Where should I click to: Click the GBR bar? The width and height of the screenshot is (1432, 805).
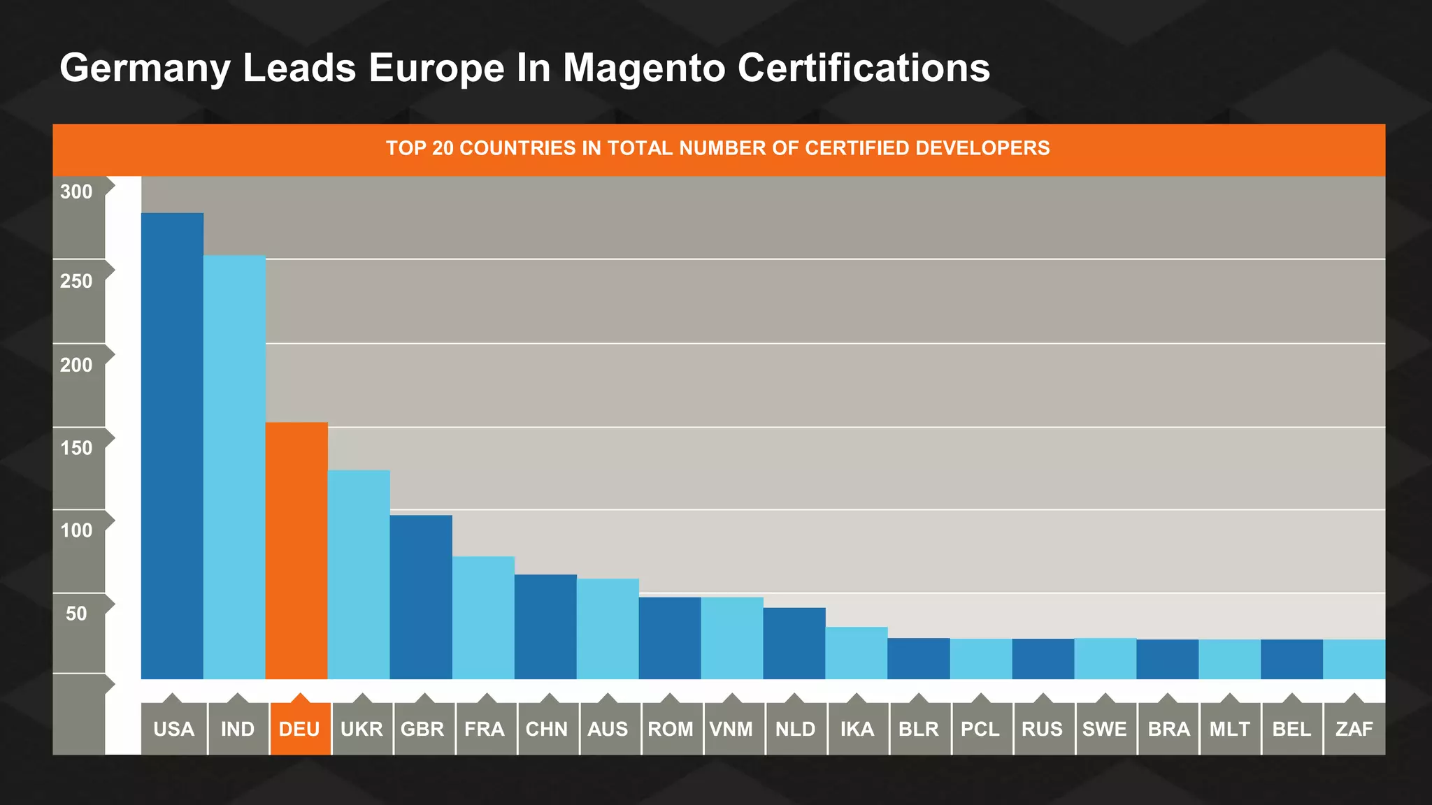(x=421, y=597)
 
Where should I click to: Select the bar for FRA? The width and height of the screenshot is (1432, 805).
(x=483, y=618)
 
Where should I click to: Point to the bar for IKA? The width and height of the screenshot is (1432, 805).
(x=857, y=653)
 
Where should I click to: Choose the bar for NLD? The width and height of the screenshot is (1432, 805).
(x=794, y=643)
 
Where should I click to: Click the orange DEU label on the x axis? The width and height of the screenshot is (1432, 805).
(x=299, y=729)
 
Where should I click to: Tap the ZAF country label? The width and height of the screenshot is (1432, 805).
(x=1354, y=729)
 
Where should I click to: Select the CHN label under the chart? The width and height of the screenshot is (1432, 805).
(x=547, y=729)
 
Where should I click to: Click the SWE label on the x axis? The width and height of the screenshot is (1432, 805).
(x=1105, y=729)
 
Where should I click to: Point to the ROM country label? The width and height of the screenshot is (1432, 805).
(x=671, y=729)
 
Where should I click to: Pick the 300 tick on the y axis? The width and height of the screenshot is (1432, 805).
(x=76, y=192)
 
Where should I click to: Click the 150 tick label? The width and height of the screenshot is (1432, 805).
(x=76, y=448)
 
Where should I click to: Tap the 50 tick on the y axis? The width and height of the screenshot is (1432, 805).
(x=76, y=614)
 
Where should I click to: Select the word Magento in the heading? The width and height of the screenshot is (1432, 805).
(x=644, y=68)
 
